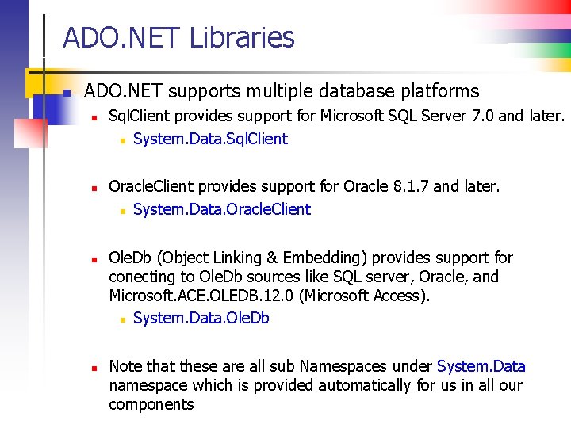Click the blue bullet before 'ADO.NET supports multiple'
click(x=67, y=93)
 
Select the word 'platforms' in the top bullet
click(x=439, y=92)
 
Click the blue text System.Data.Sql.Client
click(x=210, y=139)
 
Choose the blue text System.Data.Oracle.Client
click(x=222, y=209)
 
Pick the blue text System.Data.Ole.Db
click(x=201, y=318)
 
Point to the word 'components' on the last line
click(x=151, y=404)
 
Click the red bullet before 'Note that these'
click(x=93, y=368)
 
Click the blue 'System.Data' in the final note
click(x=481, y=366)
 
